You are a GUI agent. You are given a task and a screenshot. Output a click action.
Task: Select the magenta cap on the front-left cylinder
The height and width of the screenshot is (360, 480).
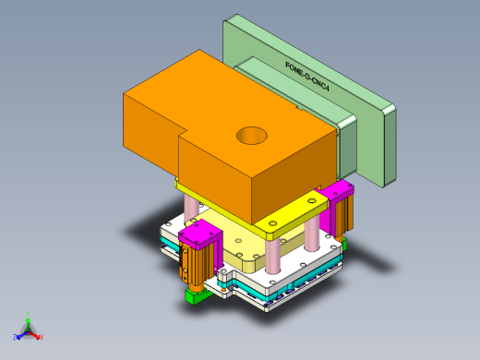[198, 236]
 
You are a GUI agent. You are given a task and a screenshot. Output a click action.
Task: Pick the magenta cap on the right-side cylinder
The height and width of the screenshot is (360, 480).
[337, 190]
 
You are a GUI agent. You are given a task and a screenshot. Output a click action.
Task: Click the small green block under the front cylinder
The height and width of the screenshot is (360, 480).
[195, 297]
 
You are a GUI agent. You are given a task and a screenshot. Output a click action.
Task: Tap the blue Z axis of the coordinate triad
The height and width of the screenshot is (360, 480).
[19, 336]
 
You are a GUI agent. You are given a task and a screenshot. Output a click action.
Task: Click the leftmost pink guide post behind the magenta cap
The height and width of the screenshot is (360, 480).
[191, 210]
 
